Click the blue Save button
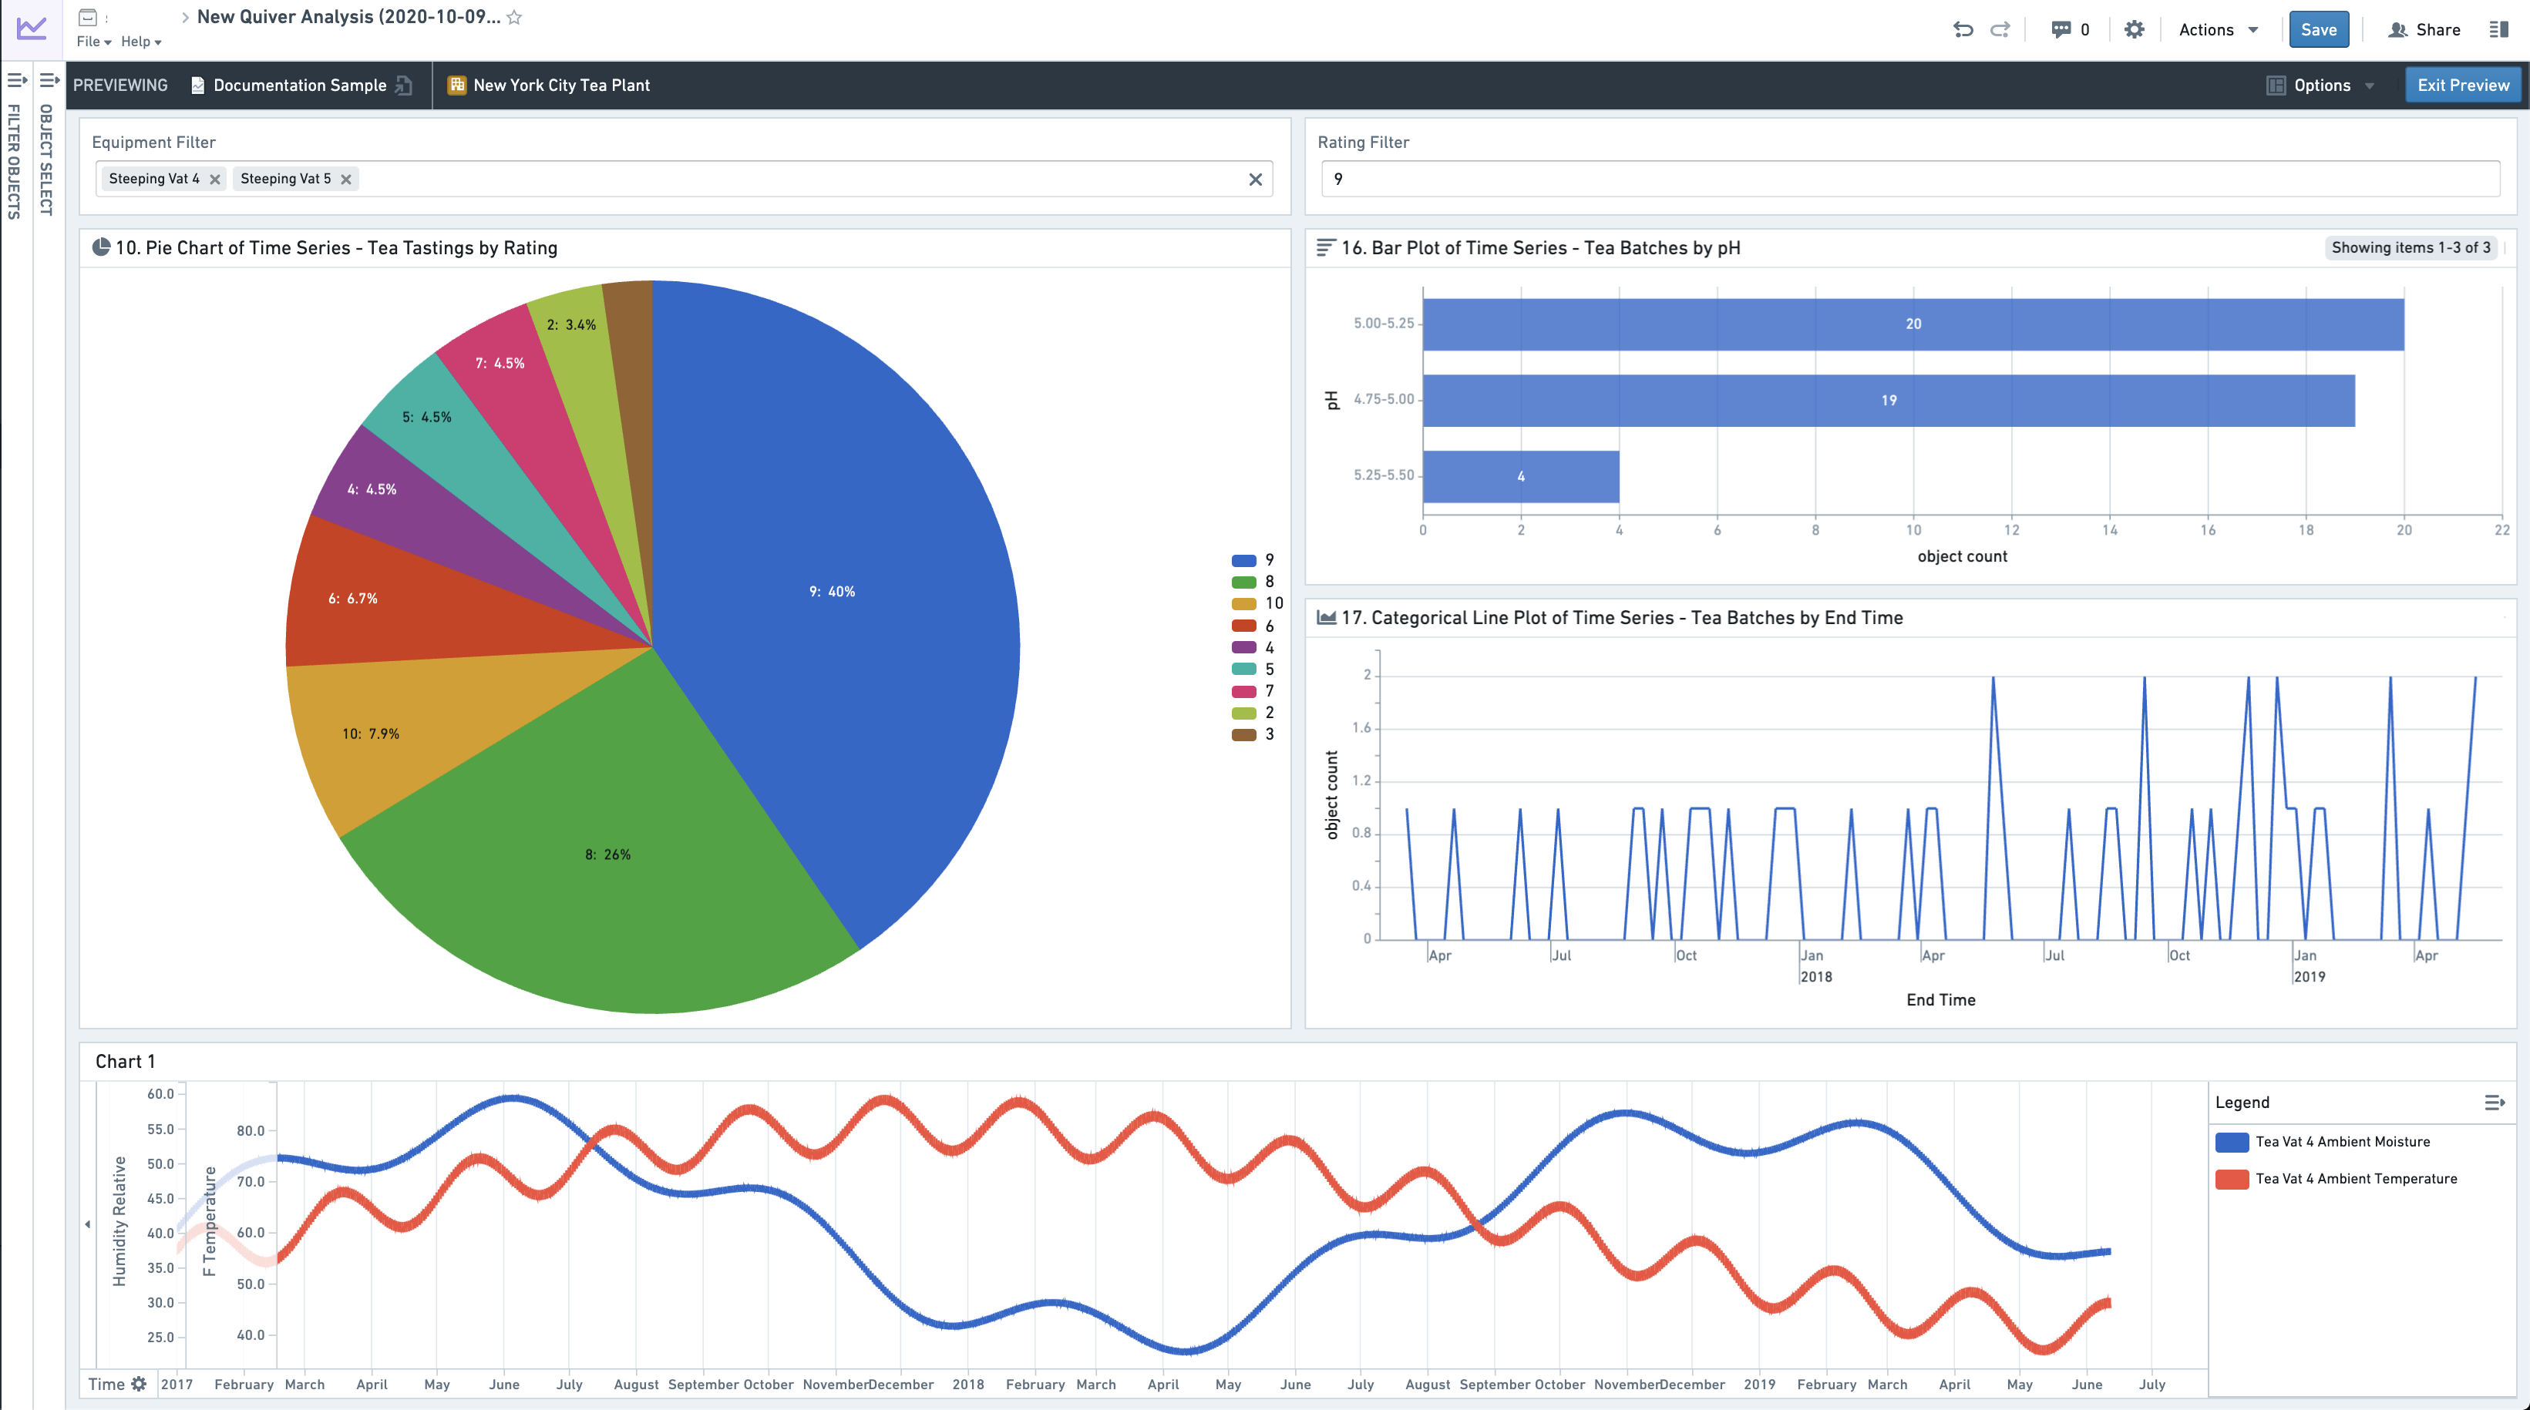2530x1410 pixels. coord(2318,29)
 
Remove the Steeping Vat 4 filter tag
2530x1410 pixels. coord(215,179)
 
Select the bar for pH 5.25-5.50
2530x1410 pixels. coord(1520,476)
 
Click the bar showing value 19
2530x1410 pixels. coord(1889,401)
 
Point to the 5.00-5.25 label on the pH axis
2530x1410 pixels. coord(1384,323)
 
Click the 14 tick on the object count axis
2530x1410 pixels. coord(2110,530)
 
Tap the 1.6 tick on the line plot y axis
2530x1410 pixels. coord(1361,727)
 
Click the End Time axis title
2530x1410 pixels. coord(1941,999)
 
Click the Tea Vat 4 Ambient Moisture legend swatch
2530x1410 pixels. coord(2232,1142)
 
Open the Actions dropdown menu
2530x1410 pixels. coord(2219,29)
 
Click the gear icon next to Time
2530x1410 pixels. coord(139,1384)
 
